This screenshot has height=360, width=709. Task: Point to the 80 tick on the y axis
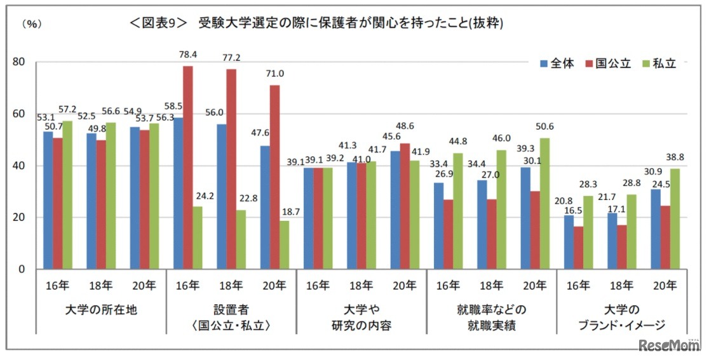pos(22,62)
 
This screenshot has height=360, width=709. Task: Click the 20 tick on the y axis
pos(22,218)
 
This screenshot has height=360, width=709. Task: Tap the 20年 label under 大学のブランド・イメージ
pos(659,286)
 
